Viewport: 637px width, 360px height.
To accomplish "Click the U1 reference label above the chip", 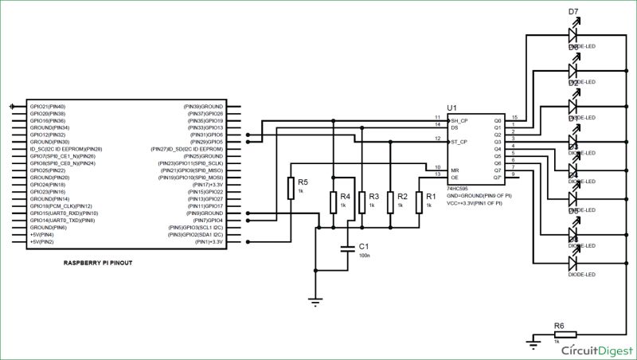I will [451, 108].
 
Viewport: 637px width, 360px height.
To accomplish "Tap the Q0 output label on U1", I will [498, 120].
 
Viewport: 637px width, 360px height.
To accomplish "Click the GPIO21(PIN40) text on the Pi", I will [48, 106].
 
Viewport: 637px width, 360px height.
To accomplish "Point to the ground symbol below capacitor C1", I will [316, 300].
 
